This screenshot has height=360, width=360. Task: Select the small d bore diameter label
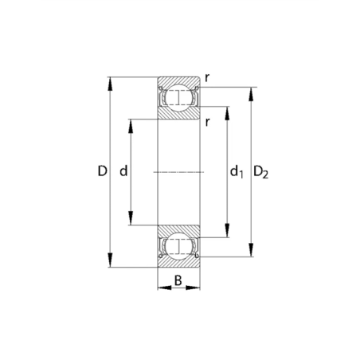point(123,171)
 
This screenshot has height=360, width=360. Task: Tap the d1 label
point(236,172)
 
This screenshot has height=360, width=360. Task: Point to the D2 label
point(261,172)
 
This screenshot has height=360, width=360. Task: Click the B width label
point(178,280)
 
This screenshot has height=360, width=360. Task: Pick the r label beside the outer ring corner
point(208,77)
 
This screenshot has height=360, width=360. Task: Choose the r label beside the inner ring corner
point(207,121)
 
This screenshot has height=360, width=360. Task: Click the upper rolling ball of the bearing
point(178,98)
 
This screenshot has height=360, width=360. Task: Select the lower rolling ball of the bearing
point(178,246)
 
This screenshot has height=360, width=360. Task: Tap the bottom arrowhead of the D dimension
point(109,263)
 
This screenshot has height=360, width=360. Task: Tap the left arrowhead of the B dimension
point(162,289)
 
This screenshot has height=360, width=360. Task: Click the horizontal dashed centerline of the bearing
point(178,172)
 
